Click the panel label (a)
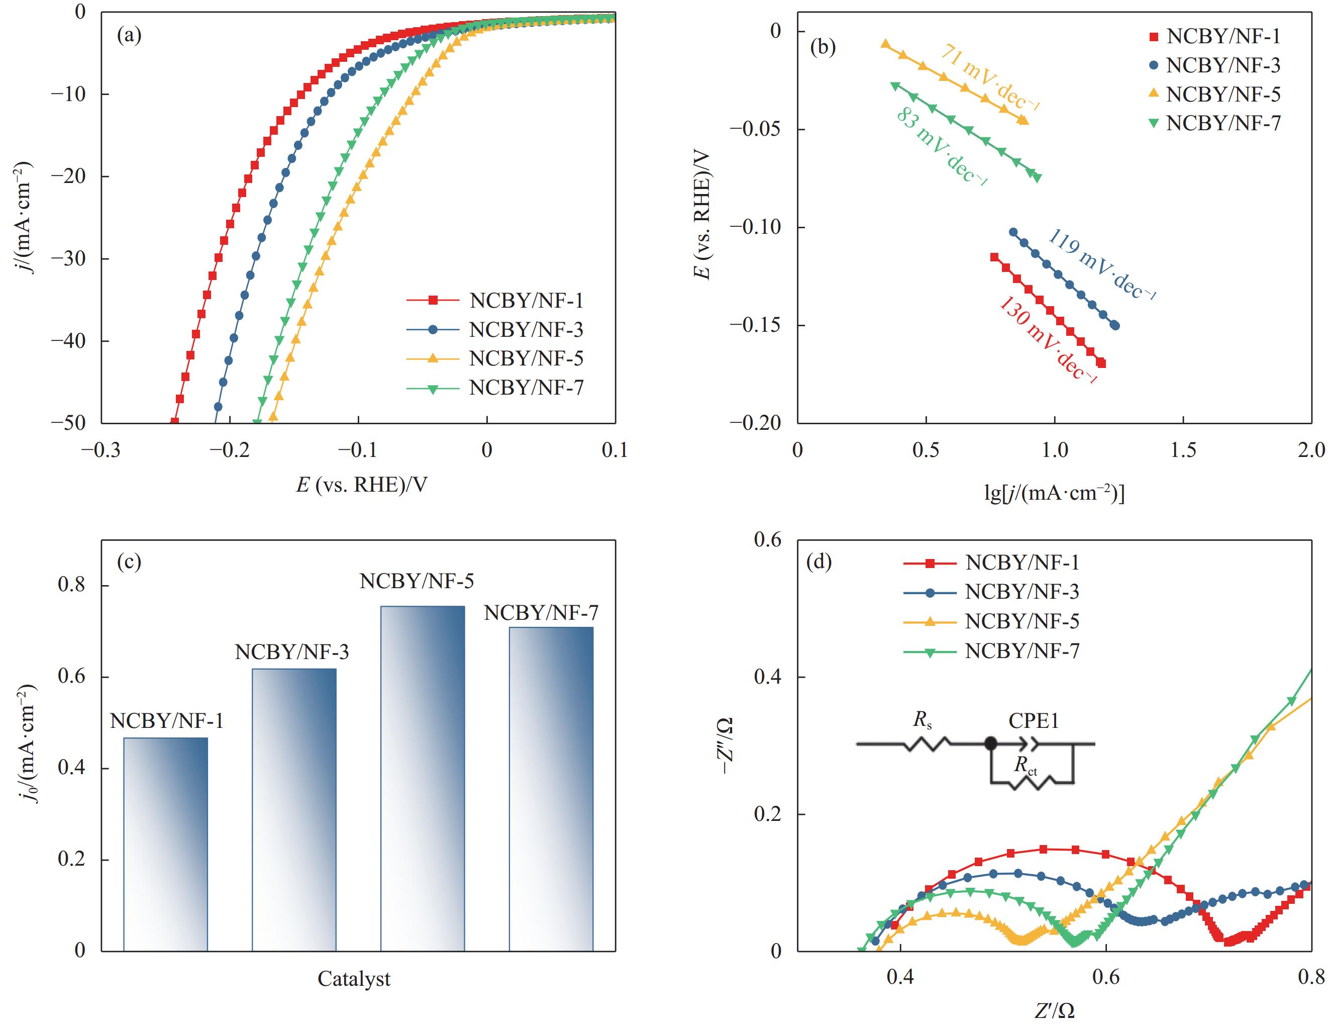(x=129, y=36)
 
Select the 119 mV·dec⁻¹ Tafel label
(x=1101, y=265)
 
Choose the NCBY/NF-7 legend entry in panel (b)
(x=1223, y=124)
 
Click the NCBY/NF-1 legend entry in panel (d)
(x=1023, y=563)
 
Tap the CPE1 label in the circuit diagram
(x=1033, y=721)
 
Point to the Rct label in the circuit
(x=1026, y=766)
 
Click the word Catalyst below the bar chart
(x=354, y=979)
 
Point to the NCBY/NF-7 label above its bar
(x=541, y=612)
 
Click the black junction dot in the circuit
(x=991, y=743)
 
